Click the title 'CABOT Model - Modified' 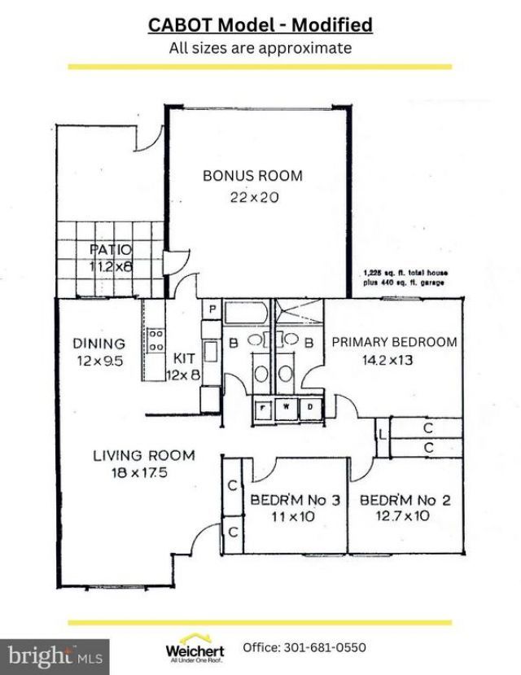click(260, 25)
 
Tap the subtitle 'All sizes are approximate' click(260, 48)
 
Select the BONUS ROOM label click(252, 175)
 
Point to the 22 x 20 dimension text click(252, 196)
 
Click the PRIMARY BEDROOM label click(394, 342)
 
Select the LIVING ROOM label click(143, 455)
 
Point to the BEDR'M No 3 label click(294, 499)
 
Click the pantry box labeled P click(211, 309)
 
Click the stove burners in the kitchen click(155, 340)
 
